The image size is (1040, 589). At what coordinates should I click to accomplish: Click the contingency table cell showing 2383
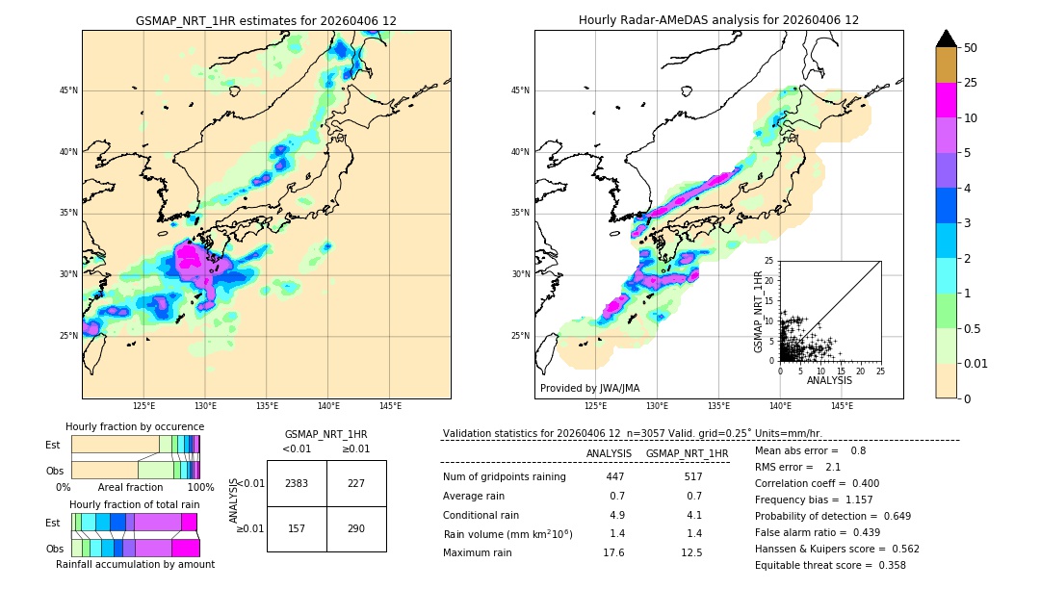[x=297, y=483]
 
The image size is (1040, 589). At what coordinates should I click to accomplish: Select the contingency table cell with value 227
[x=356, y=483]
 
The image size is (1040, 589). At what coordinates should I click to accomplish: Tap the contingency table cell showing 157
[x=297, y=529]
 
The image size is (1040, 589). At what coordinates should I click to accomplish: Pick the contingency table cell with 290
[x=356, y=529]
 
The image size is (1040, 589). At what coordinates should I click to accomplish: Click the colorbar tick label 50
[x=971, y=48]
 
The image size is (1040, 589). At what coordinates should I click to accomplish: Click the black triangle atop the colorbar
[x=946, y=38]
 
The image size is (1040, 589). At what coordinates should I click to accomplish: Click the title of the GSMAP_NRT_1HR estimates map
[x=266, y=20]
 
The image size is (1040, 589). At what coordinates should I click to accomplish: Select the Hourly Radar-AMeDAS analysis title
[x=718, y=20]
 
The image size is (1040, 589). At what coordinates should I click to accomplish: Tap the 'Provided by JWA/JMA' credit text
[x=589, y=388]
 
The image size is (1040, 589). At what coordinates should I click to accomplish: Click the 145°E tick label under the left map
[x=390, y=406]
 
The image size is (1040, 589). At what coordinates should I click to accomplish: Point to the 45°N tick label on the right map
[x=520, y=90]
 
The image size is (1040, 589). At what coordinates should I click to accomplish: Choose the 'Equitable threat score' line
[x=829, y=565]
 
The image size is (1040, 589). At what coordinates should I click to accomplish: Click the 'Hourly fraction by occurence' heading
[x=135, y=426]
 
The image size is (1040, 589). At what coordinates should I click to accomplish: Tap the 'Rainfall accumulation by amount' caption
[x=135, y=564]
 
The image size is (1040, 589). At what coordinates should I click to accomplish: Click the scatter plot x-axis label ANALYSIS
[x=829, y=380]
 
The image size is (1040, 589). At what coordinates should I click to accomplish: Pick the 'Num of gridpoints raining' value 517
[x=692, y=476]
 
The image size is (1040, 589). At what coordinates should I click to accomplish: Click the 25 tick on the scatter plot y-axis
[x=769, y=261]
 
